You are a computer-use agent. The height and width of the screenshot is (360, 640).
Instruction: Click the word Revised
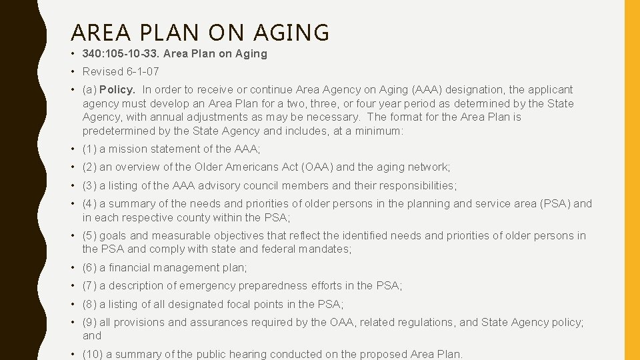click(103, 71)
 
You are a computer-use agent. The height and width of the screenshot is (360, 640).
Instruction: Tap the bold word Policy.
click(117, 89)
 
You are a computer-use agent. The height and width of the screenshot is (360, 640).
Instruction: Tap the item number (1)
click(89, 149)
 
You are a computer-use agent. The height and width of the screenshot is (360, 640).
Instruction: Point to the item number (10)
click(93, 354)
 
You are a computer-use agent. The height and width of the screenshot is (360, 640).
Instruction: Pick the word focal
click(243, 304)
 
